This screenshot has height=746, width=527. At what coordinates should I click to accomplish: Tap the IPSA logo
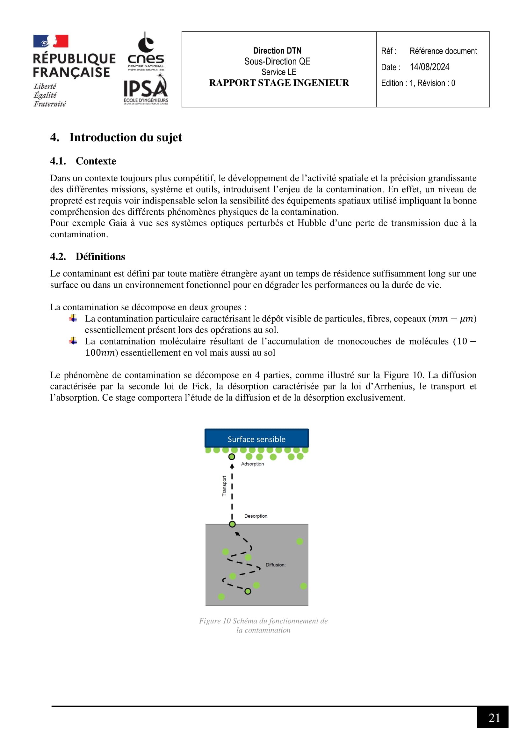[x=146, y=89]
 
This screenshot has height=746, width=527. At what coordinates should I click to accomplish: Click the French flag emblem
[x=51, y=41]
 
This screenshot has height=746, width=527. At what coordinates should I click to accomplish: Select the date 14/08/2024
[x=429, y=67]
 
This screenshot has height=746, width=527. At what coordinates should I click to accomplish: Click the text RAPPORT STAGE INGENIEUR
[x=279, y=83]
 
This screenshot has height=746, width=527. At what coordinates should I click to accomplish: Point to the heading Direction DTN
[x=277, y=51]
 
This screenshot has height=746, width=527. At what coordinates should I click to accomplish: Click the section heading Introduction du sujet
[x=125, y=137]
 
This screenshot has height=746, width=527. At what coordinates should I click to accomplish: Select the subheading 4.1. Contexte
[x=83, y=161]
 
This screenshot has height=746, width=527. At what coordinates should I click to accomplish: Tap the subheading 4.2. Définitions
[x=88, y=257]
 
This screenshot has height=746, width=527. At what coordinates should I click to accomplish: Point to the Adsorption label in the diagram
[x=252, y=464]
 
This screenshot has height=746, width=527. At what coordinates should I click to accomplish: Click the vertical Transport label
[x=224, y=486]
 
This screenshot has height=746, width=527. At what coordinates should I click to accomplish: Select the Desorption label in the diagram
[x=256, y=516]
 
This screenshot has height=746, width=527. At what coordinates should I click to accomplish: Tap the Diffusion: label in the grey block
[x=275, y=565]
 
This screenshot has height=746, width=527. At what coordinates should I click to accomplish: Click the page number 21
[x=494, y=718]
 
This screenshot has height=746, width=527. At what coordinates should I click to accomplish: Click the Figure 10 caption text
[x=263, y=625]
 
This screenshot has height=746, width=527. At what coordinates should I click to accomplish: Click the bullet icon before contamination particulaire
[x=73, y=318]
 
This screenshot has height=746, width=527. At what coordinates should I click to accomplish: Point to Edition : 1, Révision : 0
[x=418, y=83]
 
